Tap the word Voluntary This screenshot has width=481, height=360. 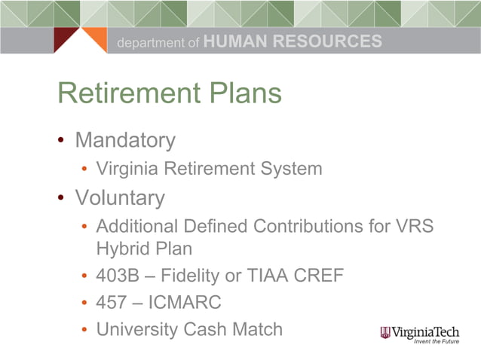pos(120,197)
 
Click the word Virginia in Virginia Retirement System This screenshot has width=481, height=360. pos(124,168)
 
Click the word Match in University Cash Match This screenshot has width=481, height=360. pos(255,329)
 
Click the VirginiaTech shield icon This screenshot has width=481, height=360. pos(384,332)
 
